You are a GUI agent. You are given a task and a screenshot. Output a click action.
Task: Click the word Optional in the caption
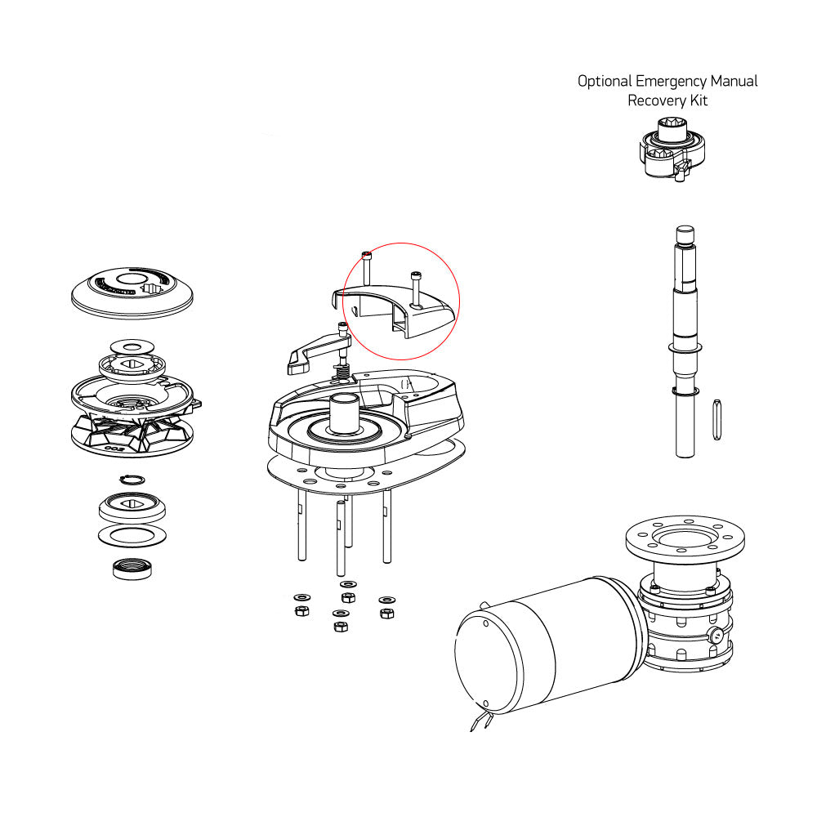point(605,82)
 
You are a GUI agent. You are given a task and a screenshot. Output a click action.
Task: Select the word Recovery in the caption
point(656,100)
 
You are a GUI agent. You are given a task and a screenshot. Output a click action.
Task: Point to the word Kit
point(698,100)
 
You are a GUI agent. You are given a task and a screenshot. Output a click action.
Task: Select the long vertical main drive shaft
point(684,343)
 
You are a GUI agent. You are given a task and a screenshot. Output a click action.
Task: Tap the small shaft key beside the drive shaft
point(717,418)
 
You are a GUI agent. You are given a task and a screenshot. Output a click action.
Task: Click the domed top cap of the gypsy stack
point(132,292)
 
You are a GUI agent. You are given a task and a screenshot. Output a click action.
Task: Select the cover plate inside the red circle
point(400,310)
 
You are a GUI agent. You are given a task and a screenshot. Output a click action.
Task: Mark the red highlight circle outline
point(460,301)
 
